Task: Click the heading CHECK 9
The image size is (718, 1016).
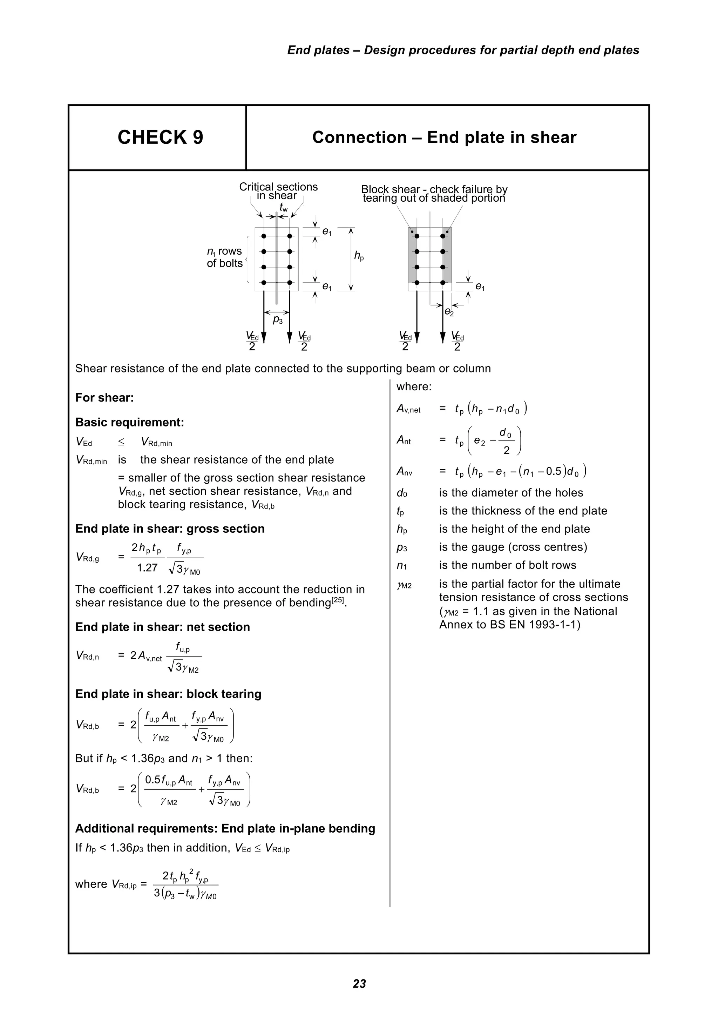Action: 160,137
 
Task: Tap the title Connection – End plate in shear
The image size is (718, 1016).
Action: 444,137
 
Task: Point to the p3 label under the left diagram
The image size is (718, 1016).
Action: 277,319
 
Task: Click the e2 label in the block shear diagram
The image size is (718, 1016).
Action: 449,312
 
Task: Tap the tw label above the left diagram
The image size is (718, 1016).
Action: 283,207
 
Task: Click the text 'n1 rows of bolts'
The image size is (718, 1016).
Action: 225,257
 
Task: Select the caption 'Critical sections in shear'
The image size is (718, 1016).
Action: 278,191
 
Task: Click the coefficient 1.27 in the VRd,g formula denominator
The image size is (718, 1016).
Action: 147,568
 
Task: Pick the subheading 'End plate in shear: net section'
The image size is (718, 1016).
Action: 162,627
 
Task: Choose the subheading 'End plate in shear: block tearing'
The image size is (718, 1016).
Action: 168,694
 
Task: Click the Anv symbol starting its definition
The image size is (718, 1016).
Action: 404,472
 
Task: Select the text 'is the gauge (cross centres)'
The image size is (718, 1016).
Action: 513,547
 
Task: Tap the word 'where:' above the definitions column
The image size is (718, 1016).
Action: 414,387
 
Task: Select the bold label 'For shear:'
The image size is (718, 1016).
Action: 104,397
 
